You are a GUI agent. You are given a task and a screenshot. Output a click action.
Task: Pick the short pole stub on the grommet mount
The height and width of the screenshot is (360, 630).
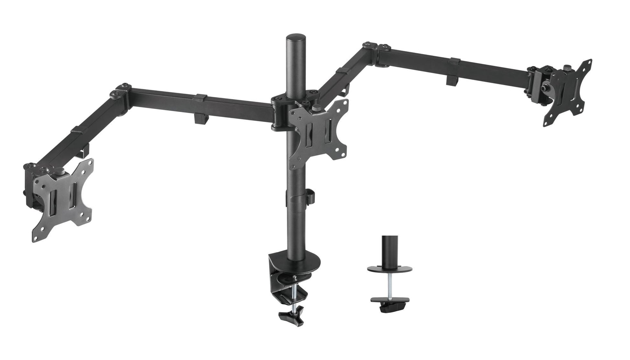[390, 247]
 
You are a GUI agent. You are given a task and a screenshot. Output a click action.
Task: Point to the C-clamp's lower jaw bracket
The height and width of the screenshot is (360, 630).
[291, 293]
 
